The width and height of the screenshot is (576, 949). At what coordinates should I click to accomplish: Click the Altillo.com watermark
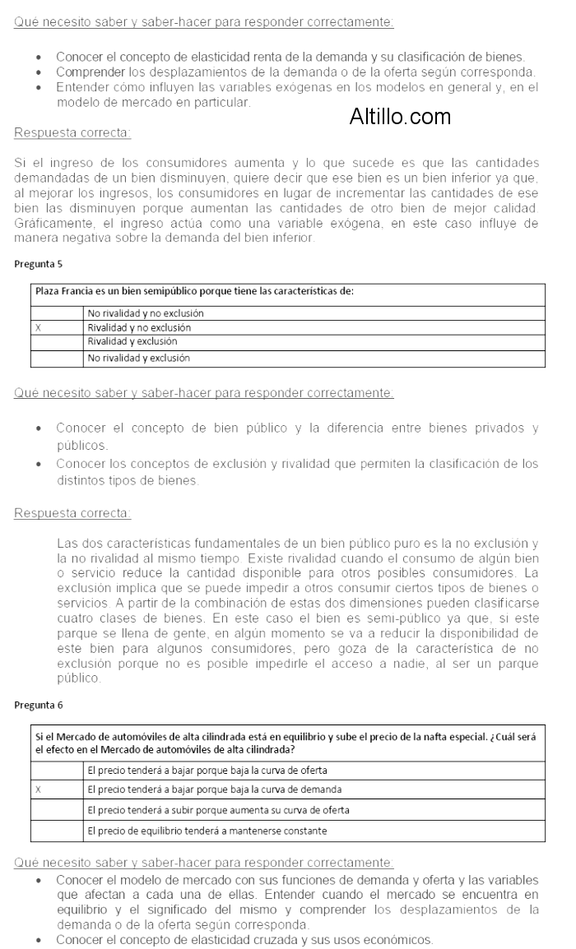pos(400,117)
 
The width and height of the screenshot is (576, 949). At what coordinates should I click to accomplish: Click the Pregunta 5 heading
pos(38,264)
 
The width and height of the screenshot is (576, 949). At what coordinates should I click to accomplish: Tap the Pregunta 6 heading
pos(38,705)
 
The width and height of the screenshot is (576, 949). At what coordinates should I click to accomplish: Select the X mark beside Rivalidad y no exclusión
pos(38,327)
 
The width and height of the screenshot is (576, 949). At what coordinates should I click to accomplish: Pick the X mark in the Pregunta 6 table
pos(38,789)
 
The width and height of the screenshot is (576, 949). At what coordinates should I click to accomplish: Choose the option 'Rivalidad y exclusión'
pos(132,341)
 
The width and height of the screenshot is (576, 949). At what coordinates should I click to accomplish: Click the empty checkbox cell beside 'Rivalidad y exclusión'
pos(57,341)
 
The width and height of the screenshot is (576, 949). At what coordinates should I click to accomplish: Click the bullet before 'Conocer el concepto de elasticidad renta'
pos(40,57)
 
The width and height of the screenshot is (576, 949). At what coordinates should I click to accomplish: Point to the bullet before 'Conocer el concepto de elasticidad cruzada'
pos(40,940)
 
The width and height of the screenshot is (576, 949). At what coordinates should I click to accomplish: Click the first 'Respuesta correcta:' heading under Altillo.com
pos(72,132)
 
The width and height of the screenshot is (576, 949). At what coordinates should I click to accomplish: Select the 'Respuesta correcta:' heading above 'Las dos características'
pos(72,514)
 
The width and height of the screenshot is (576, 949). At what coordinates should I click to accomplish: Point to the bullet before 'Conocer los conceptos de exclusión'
pos(40,465)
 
